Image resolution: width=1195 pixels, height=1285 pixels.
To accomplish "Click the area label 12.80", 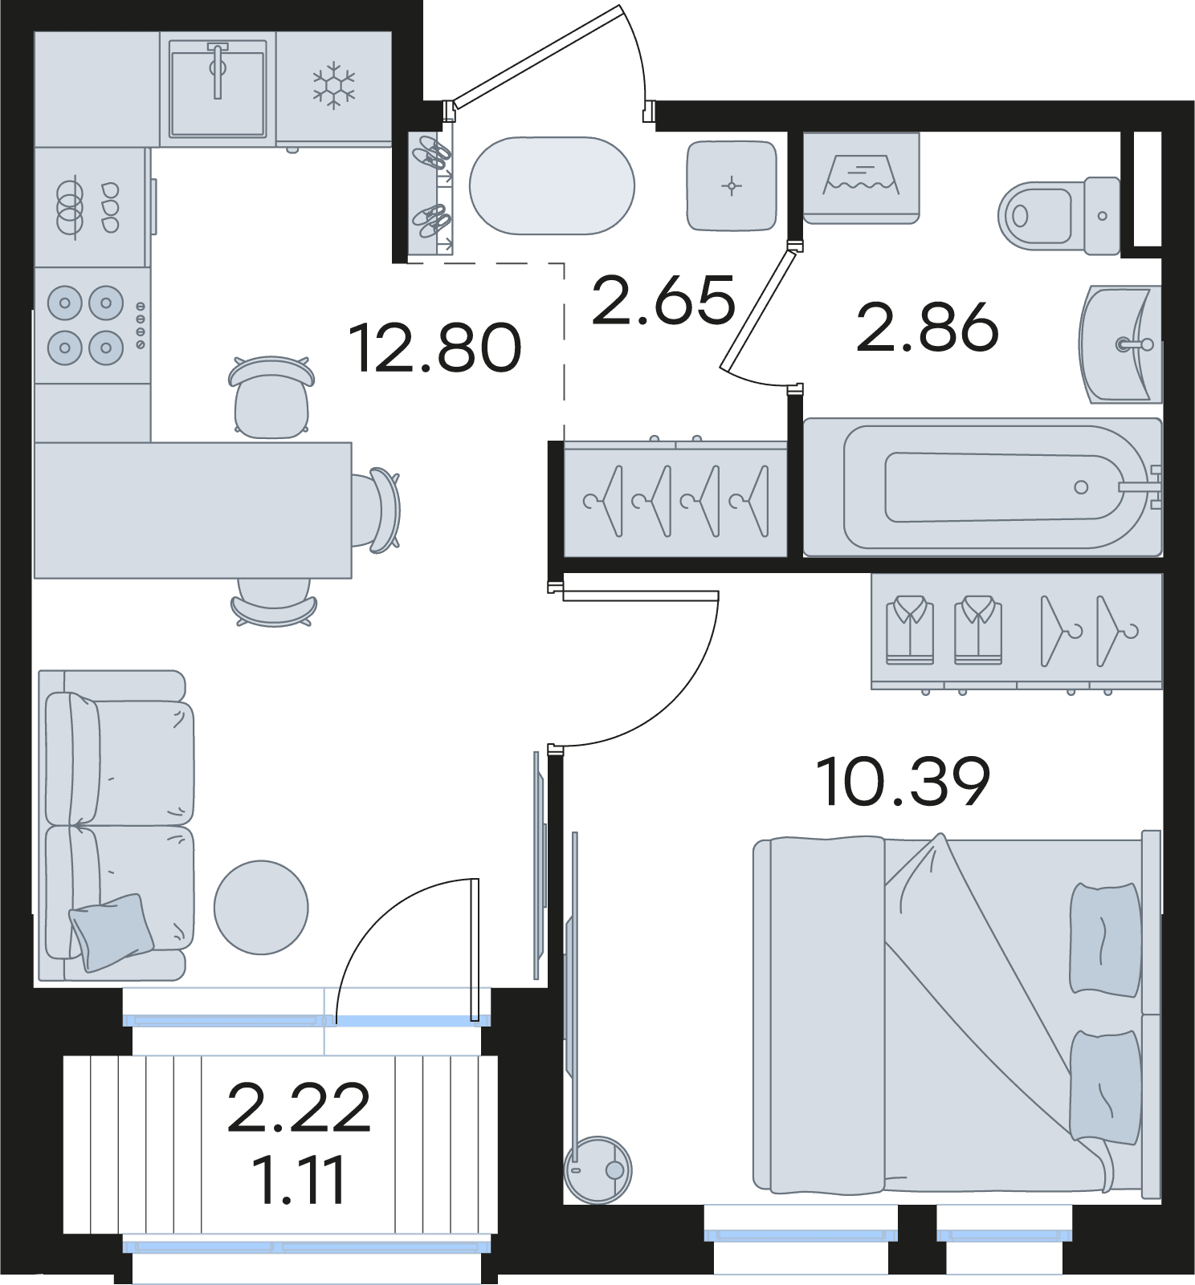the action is pos(436,348).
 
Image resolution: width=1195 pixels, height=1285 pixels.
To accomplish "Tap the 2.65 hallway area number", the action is pos(663,300).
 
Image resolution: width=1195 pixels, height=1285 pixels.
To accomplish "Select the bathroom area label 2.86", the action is pos(928,327).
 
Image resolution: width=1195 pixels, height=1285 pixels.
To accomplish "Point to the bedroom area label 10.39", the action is pos(903,782).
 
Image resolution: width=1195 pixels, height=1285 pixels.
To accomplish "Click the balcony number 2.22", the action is pos(299,1108).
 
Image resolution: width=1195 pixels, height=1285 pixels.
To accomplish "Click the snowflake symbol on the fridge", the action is pos(333,87).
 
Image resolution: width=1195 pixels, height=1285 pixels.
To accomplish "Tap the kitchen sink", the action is pos(218,90).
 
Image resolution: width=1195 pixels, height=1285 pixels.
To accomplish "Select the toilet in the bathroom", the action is pos(1059,215).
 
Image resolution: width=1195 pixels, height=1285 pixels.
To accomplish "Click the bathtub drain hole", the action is pos(1081,487).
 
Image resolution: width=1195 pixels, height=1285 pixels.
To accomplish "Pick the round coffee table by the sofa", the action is pos(261,908).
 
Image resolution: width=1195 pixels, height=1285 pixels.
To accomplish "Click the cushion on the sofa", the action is pos(112,931).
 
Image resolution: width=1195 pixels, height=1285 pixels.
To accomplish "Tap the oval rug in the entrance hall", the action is pos(552,186).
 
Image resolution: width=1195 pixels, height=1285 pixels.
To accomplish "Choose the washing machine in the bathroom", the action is pos(861,178).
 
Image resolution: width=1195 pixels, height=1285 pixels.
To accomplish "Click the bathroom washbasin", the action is pos(1120,344).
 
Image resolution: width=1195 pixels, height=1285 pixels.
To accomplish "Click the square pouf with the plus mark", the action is pos(732,186).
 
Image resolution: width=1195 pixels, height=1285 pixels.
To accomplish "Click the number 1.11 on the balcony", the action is pos(298,1180).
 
